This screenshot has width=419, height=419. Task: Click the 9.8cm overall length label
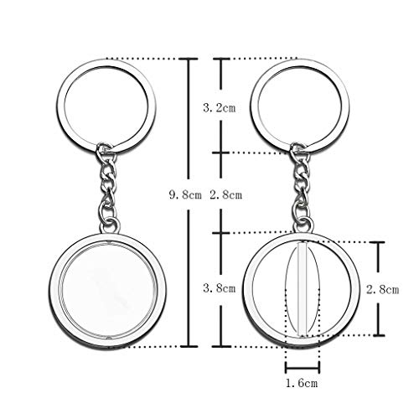(x=185, y=194)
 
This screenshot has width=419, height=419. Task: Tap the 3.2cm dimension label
(x=220, y=108)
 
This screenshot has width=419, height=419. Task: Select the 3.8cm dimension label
(x=220, y=288)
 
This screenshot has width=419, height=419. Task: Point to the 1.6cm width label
(x=302, y=383)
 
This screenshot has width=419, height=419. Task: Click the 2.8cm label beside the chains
(x=226, y=194)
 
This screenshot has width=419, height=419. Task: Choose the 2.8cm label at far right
(x=383, y=290)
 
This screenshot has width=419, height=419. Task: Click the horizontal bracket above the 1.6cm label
(x=303, y=369)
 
